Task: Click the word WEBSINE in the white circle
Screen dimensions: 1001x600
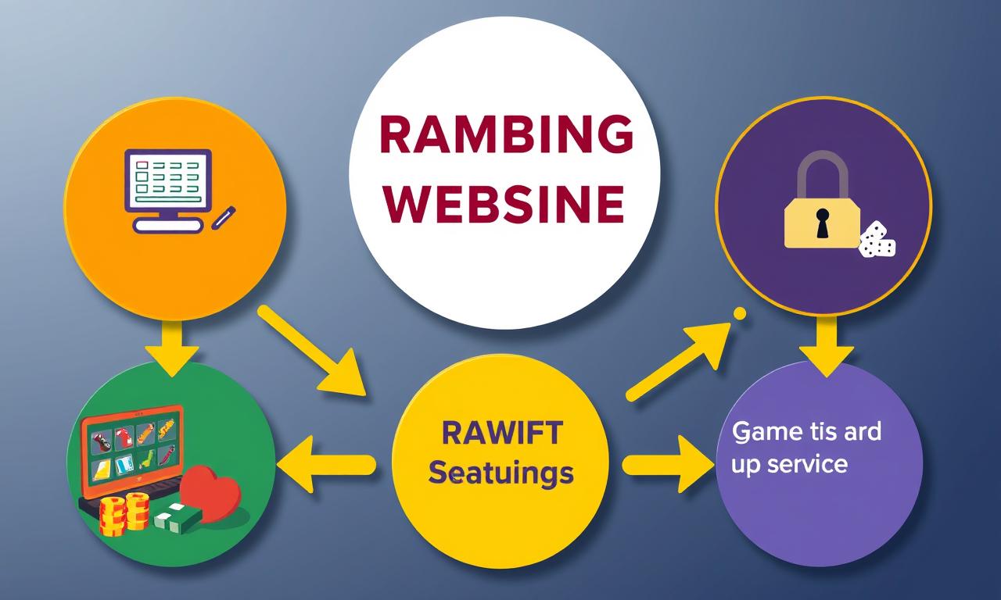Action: (504, 205)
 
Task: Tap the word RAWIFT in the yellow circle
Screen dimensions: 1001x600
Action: (502, 432)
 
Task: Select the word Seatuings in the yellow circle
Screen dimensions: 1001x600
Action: (500, 473)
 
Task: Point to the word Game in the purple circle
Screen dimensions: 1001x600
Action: (761, 431)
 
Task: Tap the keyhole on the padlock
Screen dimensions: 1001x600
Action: (822, 223)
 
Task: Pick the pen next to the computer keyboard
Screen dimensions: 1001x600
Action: (223, 218)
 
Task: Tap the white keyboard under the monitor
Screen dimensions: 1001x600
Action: (167, 226)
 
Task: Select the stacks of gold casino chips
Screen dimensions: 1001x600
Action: (124, 514)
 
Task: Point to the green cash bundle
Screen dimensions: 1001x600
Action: (178, 518)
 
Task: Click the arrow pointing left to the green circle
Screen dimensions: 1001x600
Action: (327, 465)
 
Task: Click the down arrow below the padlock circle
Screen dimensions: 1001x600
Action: (827, 347)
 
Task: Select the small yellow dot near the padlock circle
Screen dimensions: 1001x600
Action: (740, 313)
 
